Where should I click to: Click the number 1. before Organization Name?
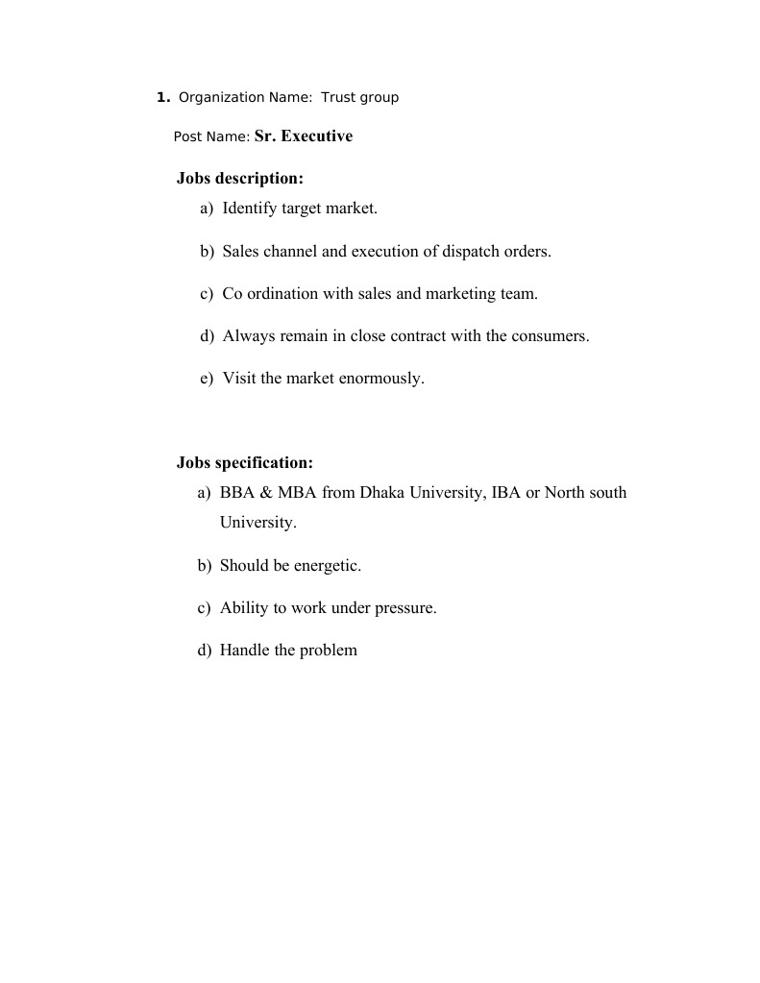pyautogui.click(x=163, y=97)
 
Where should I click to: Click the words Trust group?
pyautogui.click(x=359, y=97)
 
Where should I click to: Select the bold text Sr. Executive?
pyautogui.click(x=304, y=136)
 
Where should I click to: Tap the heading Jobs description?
pyautogui.click(x=239, y=178)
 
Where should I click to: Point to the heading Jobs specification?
pyautogui.click(x=245, y=462)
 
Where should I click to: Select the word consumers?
pyautogui.click(x=550, y=335)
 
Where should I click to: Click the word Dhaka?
pyautogui.click(x=382, y=492)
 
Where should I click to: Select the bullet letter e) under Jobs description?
pyautogui.click(x=207, y=378)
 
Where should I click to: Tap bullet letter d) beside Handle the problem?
pyautogui.click(x=205, y=650)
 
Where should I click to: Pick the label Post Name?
pyautogui.click(x=211, y=137)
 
